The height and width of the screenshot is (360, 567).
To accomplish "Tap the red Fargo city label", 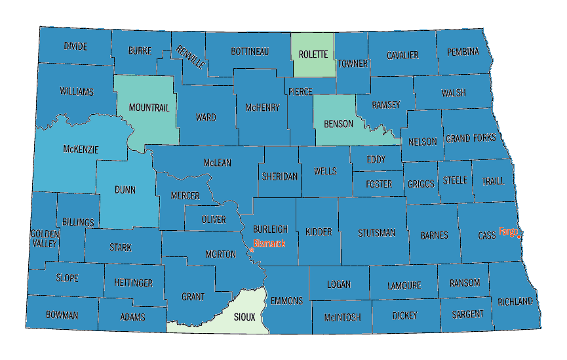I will point(509,231).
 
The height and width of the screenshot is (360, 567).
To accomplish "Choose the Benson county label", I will point(338,124).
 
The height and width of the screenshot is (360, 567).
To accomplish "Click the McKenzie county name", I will point(81,150).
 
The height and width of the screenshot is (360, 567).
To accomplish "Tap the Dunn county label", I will point(125,190).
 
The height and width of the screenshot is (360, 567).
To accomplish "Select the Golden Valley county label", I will point(44,238).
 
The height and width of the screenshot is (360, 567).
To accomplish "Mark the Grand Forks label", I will point(471,138).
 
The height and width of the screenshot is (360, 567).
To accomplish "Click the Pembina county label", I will point(463,51).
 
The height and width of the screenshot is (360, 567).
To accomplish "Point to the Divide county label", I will point(75,46).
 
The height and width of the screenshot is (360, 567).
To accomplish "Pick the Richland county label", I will point(515,302).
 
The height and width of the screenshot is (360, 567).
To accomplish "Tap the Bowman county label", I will point(62,315).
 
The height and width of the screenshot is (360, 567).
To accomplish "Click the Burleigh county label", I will point(270,229).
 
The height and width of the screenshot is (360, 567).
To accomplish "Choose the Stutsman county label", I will point(377,233).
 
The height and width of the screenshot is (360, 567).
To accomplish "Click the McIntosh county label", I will point(342,317).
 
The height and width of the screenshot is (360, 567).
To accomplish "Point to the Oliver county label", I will point(214,219).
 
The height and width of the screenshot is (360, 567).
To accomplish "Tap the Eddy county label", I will point(376,159).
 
